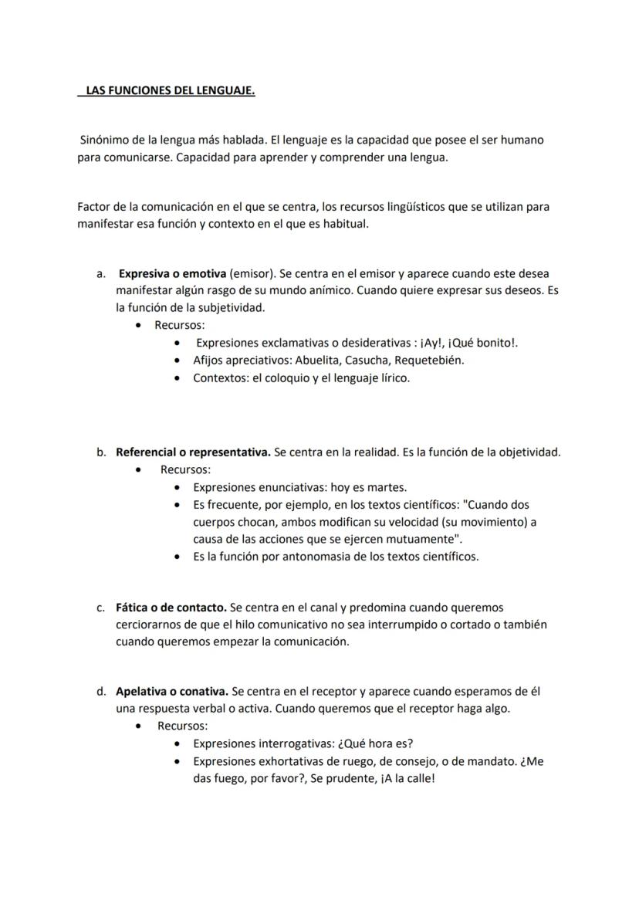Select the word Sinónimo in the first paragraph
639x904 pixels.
(x=106, y=141)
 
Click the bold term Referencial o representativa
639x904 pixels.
(x=193, y=452)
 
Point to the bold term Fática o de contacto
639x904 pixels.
(x=171, y=608)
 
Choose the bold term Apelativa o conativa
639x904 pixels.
(x=172, y=691)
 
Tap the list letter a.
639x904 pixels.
(x=100, y=273)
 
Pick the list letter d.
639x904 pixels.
(x=100, y=691)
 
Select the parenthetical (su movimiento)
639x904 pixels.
(x=478, y=522)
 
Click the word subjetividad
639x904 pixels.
(x=230, y=307)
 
